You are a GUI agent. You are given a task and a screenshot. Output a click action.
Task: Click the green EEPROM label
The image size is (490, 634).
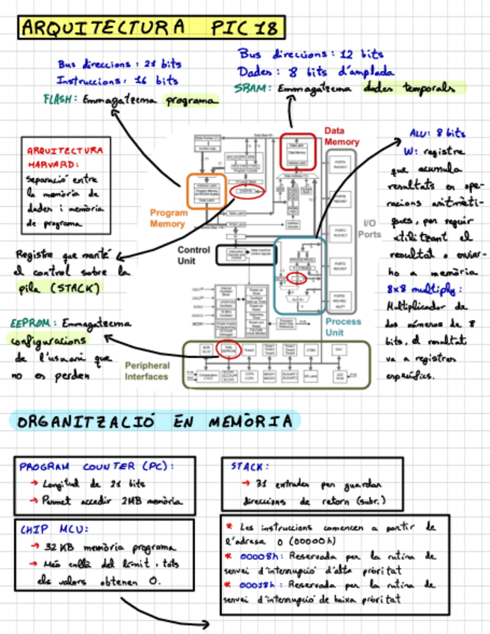pyautogui.click(x=31, y=324)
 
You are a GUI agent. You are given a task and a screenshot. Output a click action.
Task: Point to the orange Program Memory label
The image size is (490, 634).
pyautogui.click(x=168, y=218)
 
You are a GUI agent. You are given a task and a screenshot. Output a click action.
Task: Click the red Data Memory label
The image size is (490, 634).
pyautogui.click(x=341, y=136)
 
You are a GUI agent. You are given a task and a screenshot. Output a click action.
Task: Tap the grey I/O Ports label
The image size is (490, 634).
pyautogui.click(x=371, y=229)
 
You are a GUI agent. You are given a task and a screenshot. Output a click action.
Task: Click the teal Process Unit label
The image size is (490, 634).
pyautogui.click(x=343, y=327)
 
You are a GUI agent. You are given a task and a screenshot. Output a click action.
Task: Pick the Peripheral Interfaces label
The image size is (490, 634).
pyautogui.click(x=147, y=371)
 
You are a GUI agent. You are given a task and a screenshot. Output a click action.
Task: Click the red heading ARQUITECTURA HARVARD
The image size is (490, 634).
pyautogui.click(x=65, y=156)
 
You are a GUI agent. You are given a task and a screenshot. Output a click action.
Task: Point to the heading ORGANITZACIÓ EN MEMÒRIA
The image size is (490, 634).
pyautogui.click(x=155, y=422)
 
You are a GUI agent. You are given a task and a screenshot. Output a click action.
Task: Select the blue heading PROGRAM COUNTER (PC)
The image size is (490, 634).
pyautogui.click(x=96, y=467)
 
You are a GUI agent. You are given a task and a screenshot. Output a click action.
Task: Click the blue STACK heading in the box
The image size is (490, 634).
pyautogui.click(x=246, y=467)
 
